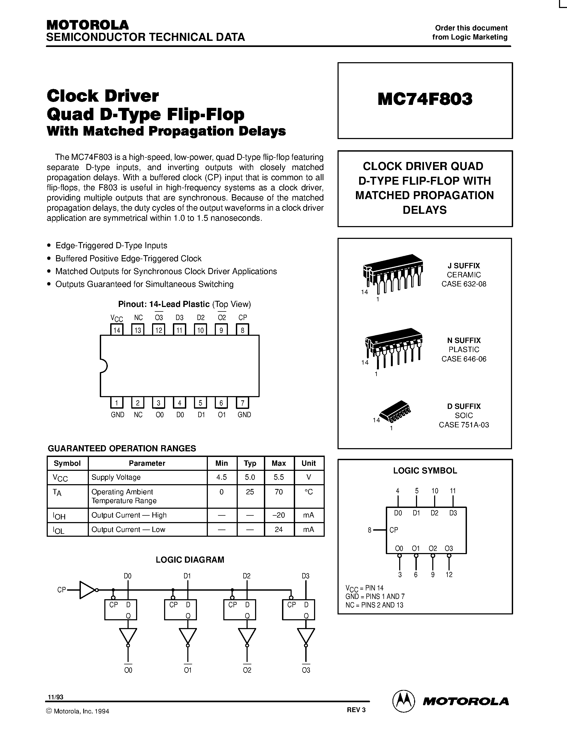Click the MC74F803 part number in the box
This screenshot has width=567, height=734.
click(x=425, y=99)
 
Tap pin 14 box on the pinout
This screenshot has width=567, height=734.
click(x=117, y=330)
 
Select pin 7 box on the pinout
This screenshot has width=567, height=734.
click(x=242, y=402)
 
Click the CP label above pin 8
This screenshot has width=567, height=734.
click(x=243, y=317)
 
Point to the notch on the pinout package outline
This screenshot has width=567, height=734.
click(x=104, y=366)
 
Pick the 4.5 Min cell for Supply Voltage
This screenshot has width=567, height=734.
click(x=222, y=477)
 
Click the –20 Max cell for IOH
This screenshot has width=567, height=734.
click(x=279, y=515)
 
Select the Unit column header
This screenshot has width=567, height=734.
click(x=308, y=463)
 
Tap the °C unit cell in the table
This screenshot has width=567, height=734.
click(x=308, y=492)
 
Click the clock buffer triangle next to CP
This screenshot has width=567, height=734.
click(x=87, y=590)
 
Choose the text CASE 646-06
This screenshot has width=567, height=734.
click(x=463, y=359)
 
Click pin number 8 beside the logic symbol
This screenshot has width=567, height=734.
click(x=370, y=530)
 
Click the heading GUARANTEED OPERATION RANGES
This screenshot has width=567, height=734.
click(x=122, y=448)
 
